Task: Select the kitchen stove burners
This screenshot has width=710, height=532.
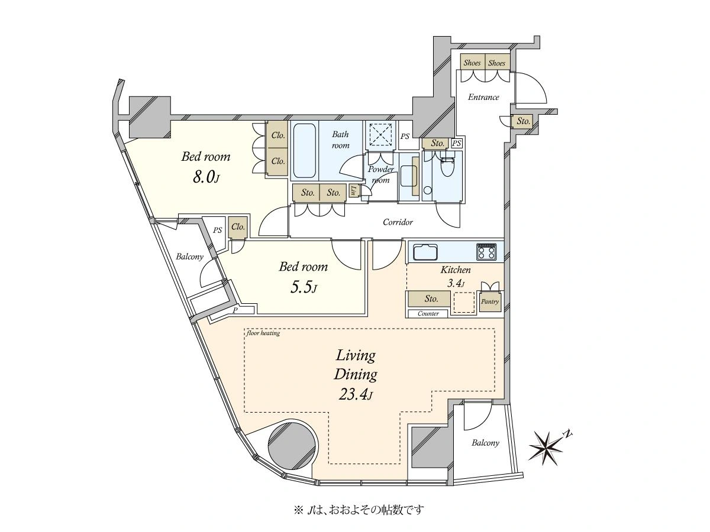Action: point(486,252)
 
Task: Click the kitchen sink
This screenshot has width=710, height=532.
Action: point(425,252)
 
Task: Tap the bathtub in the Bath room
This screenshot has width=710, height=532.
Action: point(304,151)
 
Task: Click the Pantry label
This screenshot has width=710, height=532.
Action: point(490,301)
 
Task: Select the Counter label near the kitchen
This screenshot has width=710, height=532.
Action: point(428,313)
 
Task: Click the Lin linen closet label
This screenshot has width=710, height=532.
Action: point(354,191)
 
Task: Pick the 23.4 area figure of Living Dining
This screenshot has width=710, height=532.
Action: point(356,394)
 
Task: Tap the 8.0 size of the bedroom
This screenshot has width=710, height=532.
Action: point(206,177)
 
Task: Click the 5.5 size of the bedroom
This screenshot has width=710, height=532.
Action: point(303,287)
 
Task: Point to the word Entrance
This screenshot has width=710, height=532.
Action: point(483,97)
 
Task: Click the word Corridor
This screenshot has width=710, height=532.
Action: point(398,222)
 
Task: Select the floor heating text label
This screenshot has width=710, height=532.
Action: point(263,333)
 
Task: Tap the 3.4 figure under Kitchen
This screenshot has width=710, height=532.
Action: point(455,283)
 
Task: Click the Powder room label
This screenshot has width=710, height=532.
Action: point(380,174)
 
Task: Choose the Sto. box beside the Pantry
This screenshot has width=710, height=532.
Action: point(429,299)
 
